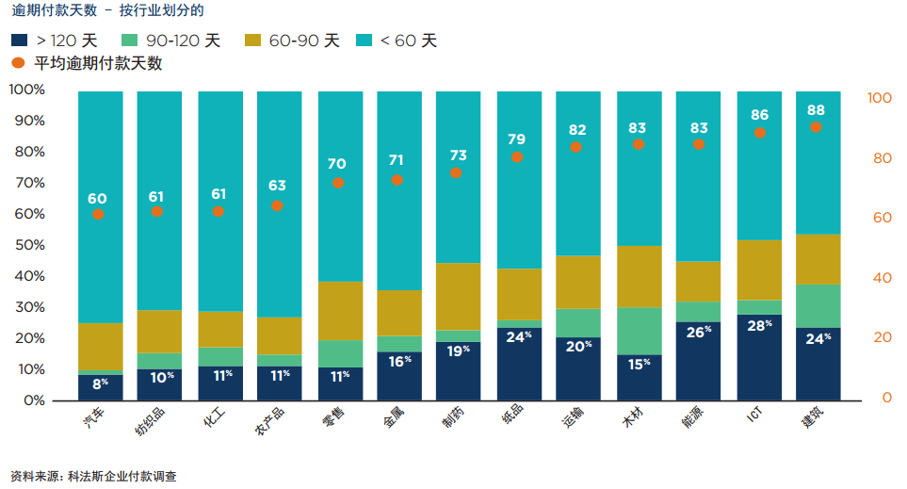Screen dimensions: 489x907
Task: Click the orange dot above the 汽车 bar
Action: (x=98, y=215)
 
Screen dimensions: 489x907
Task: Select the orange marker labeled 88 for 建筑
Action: (x=816, y=127)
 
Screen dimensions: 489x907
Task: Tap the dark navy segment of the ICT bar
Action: (x=758, y=358)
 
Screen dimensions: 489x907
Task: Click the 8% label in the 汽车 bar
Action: (x=100, y=383)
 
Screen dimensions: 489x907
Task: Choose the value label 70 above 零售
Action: (x=336, y=163)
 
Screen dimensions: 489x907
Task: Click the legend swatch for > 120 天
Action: (x=19, y=41)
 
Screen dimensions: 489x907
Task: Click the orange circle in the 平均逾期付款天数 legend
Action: (x=19, y=63)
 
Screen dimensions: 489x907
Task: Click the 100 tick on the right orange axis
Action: (x=879, y=98)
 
